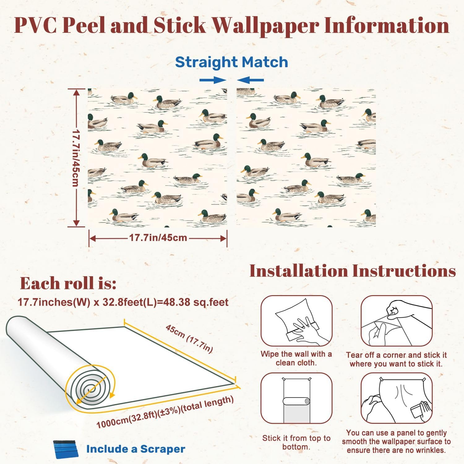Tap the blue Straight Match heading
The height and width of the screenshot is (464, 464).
coord(232,62)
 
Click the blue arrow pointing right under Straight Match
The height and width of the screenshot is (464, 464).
coord(213,80)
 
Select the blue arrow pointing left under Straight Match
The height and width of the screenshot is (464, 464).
coord(251,80)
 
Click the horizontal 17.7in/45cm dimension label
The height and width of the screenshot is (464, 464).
coord(158,238)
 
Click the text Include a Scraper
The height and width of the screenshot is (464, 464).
coord(135,449)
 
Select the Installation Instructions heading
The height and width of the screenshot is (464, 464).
coord(353,271)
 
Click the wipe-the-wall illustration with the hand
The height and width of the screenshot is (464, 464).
coord(296,321)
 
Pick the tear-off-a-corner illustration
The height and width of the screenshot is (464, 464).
coord(397,321)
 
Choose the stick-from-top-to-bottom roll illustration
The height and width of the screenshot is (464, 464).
coord(296,398)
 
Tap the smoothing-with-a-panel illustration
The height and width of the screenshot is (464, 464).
coord(397,398)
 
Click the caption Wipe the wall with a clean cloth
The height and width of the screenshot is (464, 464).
coord(296,358)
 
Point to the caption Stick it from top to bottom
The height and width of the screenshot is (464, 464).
coord(296,442)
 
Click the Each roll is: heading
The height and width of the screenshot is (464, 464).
coord(68,283)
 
